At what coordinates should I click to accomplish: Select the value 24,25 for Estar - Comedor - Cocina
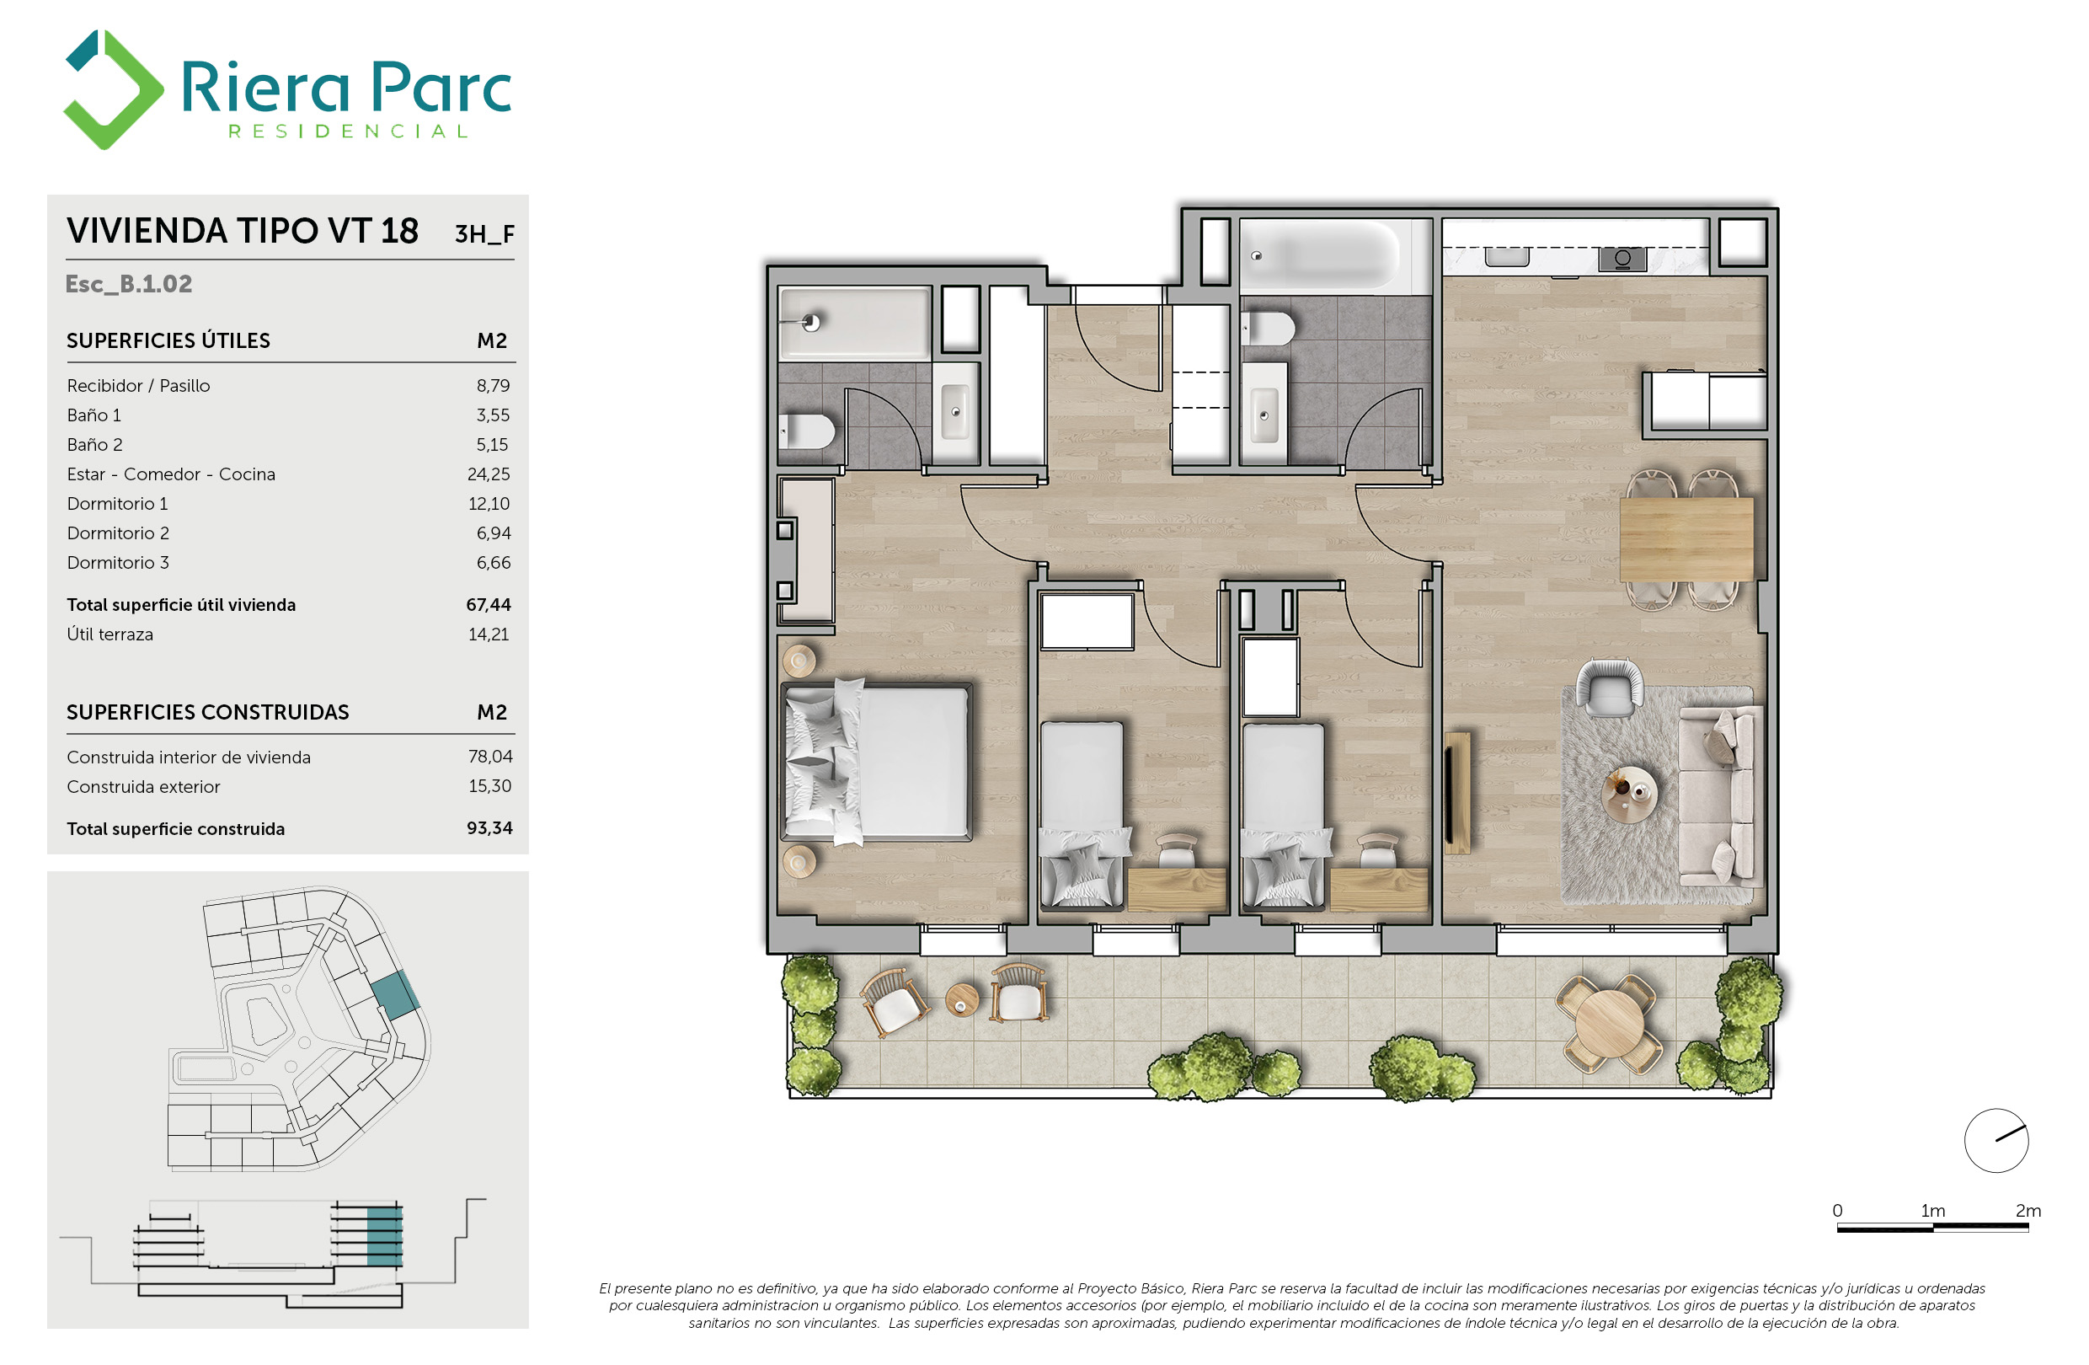tap(488, 474)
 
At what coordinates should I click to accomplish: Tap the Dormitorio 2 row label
tap(118, 533)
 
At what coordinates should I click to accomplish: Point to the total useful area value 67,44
tap(488, 605)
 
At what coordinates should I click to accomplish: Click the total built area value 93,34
tap(489, 827)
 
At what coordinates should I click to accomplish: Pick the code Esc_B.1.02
tap(129, 284)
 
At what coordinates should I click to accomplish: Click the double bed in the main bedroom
tap(878, 762)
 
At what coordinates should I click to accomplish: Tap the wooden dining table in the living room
tap(1686, 539)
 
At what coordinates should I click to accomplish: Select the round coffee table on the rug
tap(1630, 795)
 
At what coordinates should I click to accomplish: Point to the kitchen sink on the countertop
tap(1507, 255)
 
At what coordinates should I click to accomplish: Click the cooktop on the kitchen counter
tap(1622, 258)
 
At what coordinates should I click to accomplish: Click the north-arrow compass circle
tap(1996, 1140)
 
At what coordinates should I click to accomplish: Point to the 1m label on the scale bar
tap(1933, 1211)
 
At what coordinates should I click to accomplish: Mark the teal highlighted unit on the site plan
tap(394, 994)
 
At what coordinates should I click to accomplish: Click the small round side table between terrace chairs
tap(962, 1000)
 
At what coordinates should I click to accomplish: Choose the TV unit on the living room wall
tap(1456, 793)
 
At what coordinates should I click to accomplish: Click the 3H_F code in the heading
tap(484, 233)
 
